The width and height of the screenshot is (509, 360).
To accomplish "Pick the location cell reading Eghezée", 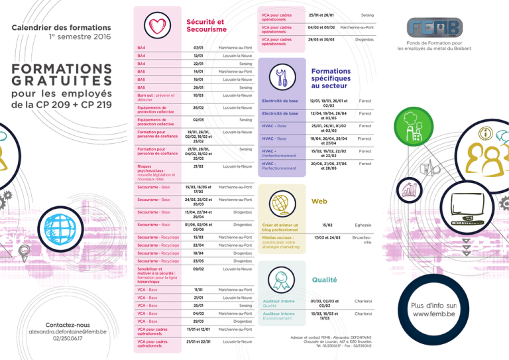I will (x=363, y=225).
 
